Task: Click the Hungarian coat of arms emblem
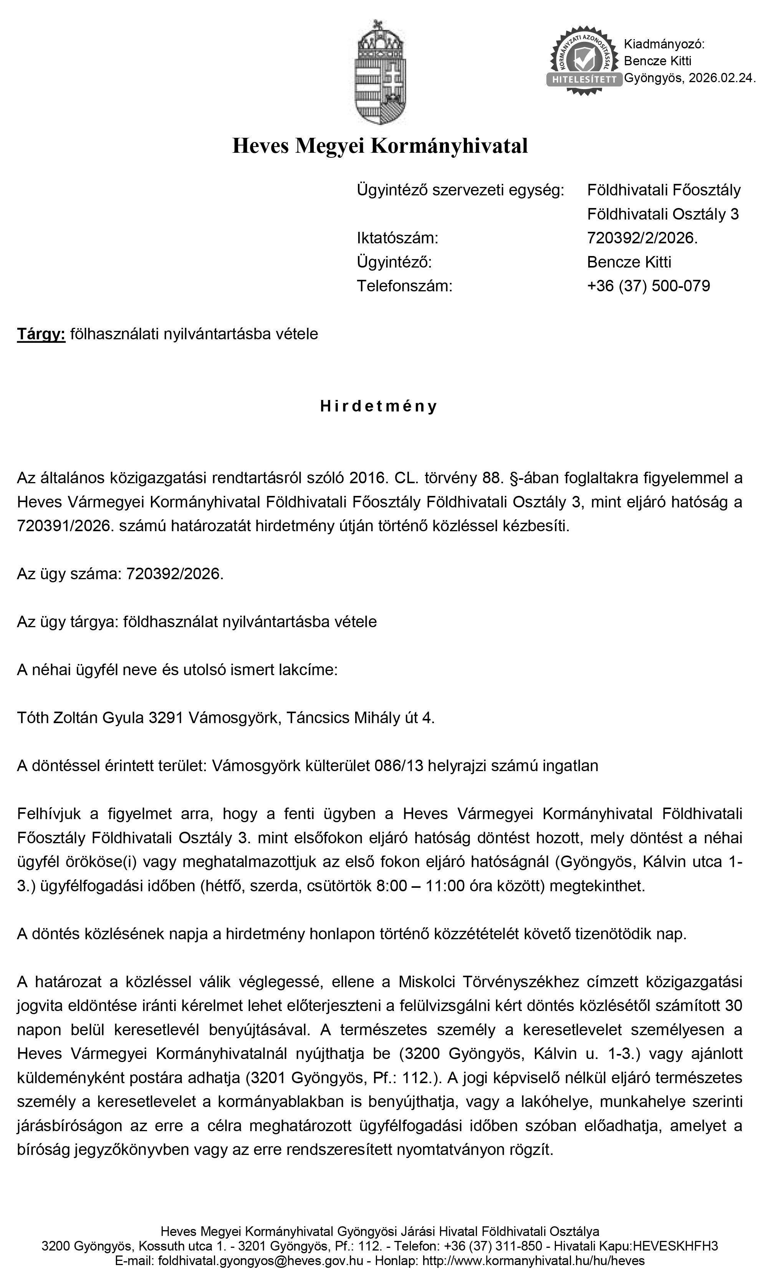coord(380,72)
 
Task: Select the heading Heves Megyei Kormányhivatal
coord(380,146)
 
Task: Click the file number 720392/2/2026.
coord(642,238)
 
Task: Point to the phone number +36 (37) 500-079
coord(648,286)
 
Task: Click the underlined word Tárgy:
coord(41,335)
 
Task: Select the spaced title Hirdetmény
coord(379,406)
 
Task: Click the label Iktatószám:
coord(397,238)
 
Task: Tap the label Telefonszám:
coord(404,286)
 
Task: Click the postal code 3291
coord(166,718)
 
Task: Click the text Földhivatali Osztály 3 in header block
coord(663,214)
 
